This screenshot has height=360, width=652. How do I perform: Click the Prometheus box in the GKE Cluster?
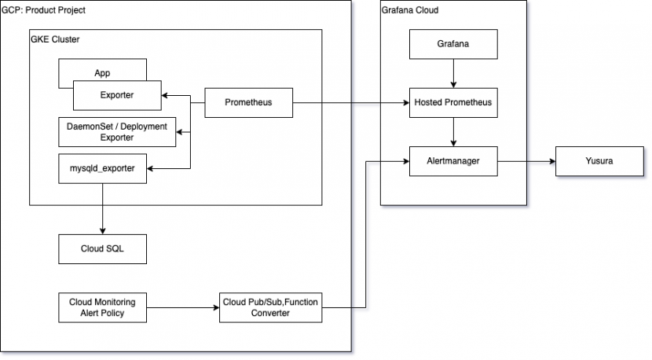[248, 103]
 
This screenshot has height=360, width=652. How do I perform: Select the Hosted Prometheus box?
[453, 103]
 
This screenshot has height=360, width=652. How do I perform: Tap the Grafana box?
[453, 44]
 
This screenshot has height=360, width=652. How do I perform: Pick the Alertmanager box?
[453, 161]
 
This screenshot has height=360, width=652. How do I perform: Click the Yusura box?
[599, 161]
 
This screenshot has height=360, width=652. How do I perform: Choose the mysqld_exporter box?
[103, 168]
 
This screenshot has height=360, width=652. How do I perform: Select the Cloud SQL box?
[103, 248]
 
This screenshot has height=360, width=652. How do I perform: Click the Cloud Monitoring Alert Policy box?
[103, 307]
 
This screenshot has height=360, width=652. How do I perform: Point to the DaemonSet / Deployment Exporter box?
[118, 132]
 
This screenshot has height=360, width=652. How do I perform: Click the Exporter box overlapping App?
[117, 95]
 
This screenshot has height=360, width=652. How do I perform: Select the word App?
[102, 73]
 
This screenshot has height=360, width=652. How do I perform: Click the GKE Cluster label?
[55, 39]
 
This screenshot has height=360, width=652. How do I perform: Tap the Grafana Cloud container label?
[409, 10]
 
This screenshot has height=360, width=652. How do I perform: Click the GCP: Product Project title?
[44, 10]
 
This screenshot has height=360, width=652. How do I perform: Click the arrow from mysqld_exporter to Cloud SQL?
[103, 208]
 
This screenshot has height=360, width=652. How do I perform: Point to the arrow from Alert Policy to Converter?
[181, 307]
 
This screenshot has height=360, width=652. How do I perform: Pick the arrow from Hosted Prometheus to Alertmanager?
[453, 131]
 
